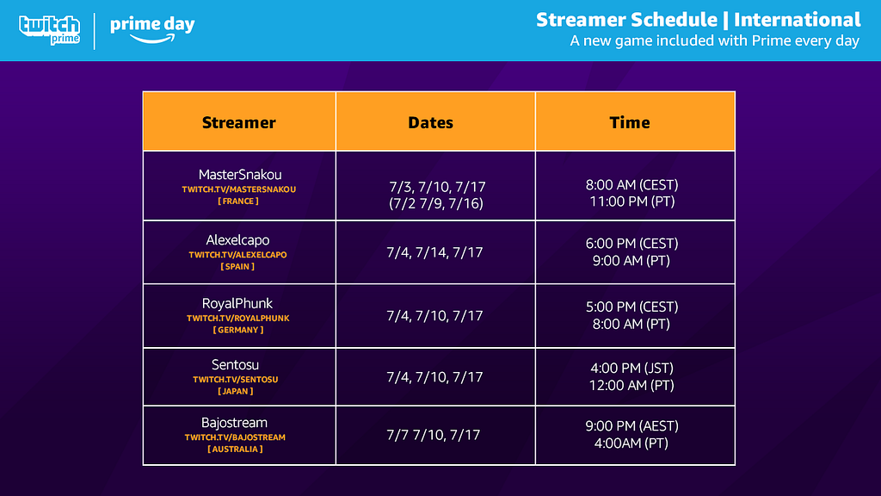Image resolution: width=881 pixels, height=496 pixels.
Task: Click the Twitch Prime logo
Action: click(x=49, y=30)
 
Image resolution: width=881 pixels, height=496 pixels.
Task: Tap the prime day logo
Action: click(x=152, y=29)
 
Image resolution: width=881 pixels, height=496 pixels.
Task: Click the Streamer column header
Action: click(x=239, y=122)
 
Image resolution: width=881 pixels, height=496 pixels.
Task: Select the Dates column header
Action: click(x=430, y=122)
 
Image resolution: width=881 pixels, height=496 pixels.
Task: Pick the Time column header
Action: click(x=630, y=122)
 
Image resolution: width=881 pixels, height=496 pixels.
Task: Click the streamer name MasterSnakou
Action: click(x=240, y=174)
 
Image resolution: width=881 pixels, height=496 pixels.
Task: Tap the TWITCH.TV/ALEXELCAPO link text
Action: click(x=237, y=255)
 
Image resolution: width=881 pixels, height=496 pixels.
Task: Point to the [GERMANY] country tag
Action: click(x=238, y=330)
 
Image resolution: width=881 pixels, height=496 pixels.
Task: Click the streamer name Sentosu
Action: click(x=235, y=364)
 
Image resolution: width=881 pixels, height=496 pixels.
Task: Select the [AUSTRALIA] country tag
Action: click(x=235, y=449)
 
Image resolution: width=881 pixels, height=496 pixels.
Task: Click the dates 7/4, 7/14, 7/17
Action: click(x=434, y=252)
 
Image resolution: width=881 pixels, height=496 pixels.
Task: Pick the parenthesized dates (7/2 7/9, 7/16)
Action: click(x=436, y=203)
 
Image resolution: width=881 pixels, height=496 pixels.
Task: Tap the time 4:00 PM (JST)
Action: click(x=631, y=368)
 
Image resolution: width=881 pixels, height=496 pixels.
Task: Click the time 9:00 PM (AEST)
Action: click(x=632, y=425)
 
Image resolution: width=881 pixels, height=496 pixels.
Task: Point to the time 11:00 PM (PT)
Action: click(x=632, y=201)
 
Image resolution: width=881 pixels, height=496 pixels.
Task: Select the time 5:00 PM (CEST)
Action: click(x=632, y=307)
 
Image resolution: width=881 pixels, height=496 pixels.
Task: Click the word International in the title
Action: click(x=798, y=20)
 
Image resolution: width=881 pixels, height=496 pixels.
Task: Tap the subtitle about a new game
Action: click(x=715, y=41)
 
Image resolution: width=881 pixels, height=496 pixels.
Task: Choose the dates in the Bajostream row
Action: click(x=434, y=435)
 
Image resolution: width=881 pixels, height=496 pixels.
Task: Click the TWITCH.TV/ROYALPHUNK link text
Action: click(x=238, y=319)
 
